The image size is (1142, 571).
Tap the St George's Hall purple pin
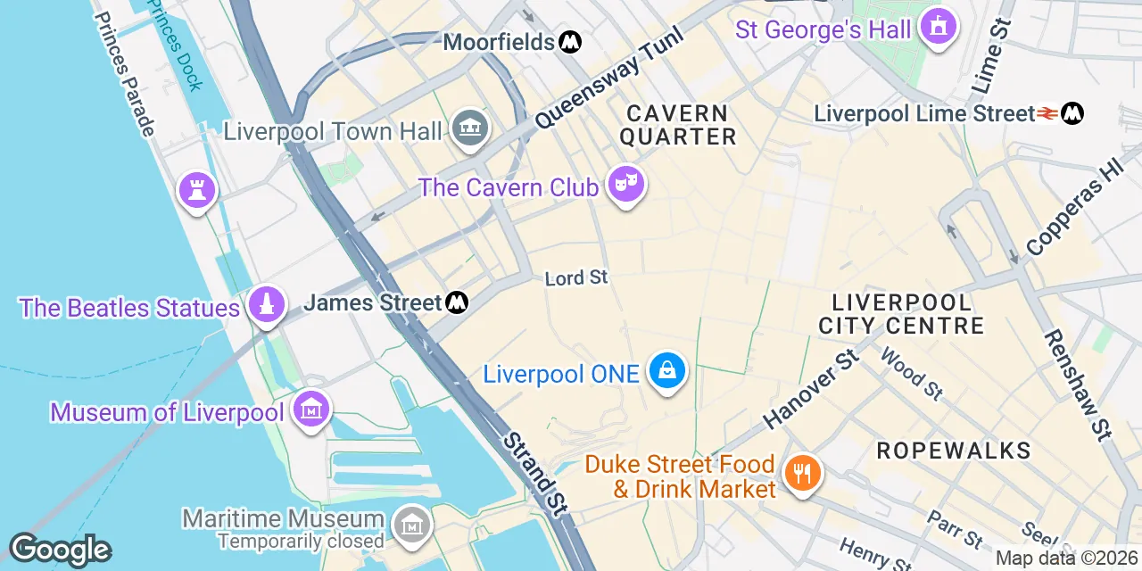[x=938, y=27]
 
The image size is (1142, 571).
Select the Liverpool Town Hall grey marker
[x=470, y=130]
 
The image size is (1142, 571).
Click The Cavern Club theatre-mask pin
[x=626, y=185]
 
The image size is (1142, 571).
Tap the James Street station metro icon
[x=457, y=302]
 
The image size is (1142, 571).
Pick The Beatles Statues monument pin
[x=266, y=304]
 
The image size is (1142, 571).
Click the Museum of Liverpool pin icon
[x=311, y=410]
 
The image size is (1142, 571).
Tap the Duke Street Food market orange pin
[x=801, y=472]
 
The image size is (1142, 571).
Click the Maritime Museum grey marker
[x=413, y=524]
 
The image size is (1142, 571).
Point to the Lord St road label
[x=576, y=278]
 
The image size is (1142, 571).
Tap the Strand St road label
[x=534, y=474]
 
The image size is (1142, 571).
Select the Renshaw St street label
[x=1078, y=385]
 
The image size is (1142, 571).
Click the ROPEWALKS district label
[x=954, y=451]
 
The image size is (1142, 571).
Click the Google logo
[x=61, y=550]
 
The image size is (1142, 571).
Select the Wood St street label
[x=911, y=373]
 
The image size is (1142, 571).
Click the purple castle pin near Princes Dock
[x=196, y=189]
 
